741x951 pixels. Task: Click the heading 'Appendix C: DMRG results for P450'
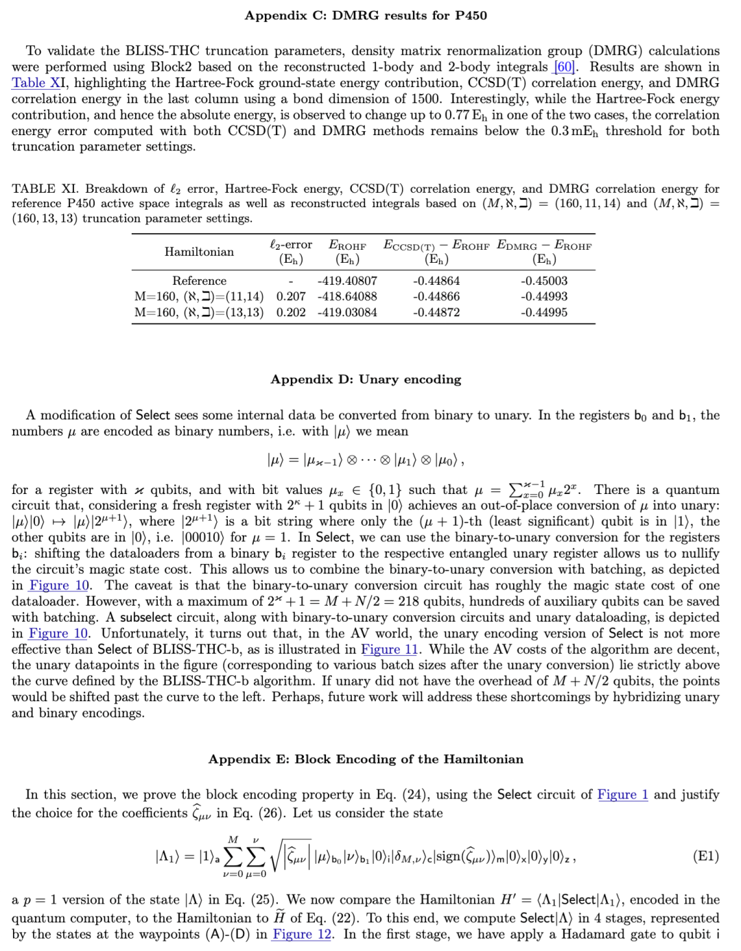click(366, 15)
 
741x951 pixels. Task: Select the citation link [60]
click(565, 67)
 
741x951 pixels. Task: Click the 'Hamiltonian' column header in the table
click(199, 252)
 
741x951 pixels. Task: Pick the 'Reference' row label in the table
click(199, 281)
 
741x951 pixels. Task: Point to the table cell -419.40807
click(347, 281)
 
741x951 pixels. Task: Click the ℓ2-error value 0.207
click(291, 296)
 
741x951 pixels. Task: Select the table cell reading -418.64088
click(347, 296)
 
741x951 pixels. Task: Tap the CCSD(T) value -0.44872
click(436, 312)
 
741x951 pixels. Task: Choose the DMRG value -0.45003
click(544, 281)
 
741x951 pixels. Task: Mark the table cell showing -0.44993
click(544, 296)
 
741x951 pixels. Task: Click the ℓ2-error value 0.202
click(291, 312)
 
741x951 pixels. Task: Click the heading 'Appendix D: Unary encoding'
click(366, 379)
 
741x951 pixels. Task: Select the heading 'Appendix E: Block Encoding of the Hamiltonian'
click(366, 759)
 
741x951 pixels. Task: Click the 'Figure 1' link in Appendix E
click(622, 795)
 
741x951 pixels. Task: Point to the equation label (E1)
click(706, 856)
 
